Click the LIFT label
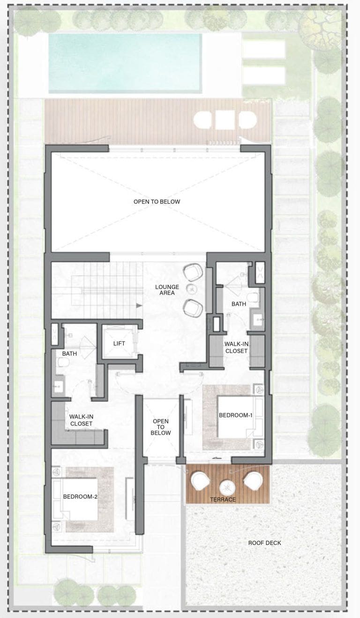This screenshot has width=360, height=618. (x=119, y=343)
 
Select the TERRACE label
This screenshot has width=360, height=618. (x=223, y=499)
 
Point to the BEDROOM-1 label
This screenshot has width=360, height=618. (x=235, y=415)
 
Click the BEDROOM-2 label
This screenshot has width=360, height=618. (x=80, y=497)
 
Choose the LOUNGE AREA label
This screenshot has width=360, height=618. (x=167, y=290)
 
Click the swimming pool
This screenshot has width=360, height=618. (x=125, y=63)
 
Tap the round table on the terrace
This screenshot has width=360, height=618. (x=227, y=487)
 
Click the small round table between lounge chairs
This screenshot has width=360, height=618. (x=191, y=289)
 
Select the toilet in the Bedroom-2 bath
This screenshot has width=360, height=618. (x=63, y=362)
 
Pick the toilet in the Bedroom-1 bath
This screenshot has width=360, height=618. (x=253, y=298)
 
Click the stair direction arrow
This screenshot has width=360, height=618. (x=139, y=305)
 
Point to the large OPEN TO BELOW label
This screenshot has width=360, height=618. (x=157, y=201)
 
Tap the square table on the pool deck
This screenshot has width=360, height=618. (x=225, y=119)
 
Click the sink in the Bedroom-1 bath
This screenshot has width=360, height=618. (x=258, y=320)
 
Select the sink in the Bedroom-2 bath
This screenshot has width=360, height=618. (x=58, y=387)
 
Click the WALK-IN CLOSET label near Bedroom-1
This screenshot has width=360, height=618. (x=236, y=347)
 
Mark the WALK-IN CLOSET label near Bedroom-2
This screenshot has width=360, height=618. (x=81, y=420)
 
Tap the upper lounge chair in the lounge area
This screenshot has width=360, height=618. (x=193, y=272)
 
